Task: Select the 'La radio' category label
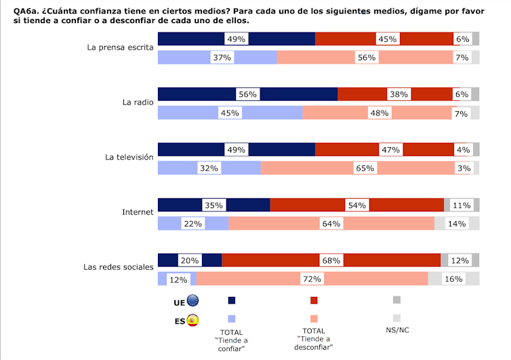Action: click(x=138, y=102)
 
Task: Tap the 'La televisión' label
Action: click(x=129, y=157)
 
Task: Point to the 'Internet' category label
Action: click(x=138, y=212)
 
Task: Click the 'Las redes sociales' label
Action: click(x=119, y=266)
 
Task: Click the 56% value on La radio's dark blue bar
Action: click(x=247, y=95)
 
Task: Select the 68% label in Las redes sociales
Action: click(x=331, y=260)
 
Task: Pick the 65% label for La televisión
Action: click(x=365, y=168)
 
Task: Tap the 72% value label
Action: click(x=312, y=279)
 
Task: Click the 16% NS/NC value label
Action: click(x=453, y=279)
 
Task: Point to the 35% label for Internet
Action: click(x=213, y=205)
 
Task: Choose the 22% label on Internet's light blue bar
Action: click(x=192, y=224)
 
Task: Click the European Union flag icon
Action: click(x=192, y=301)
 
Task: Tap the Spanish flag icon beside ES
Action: click(x=192, y=320)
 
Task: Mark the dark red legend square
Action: click(x=314, y=300)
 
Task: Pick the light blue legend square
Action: click(x=232, y=319)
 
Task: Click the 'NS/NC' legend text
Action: click(x=396, y=332)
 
